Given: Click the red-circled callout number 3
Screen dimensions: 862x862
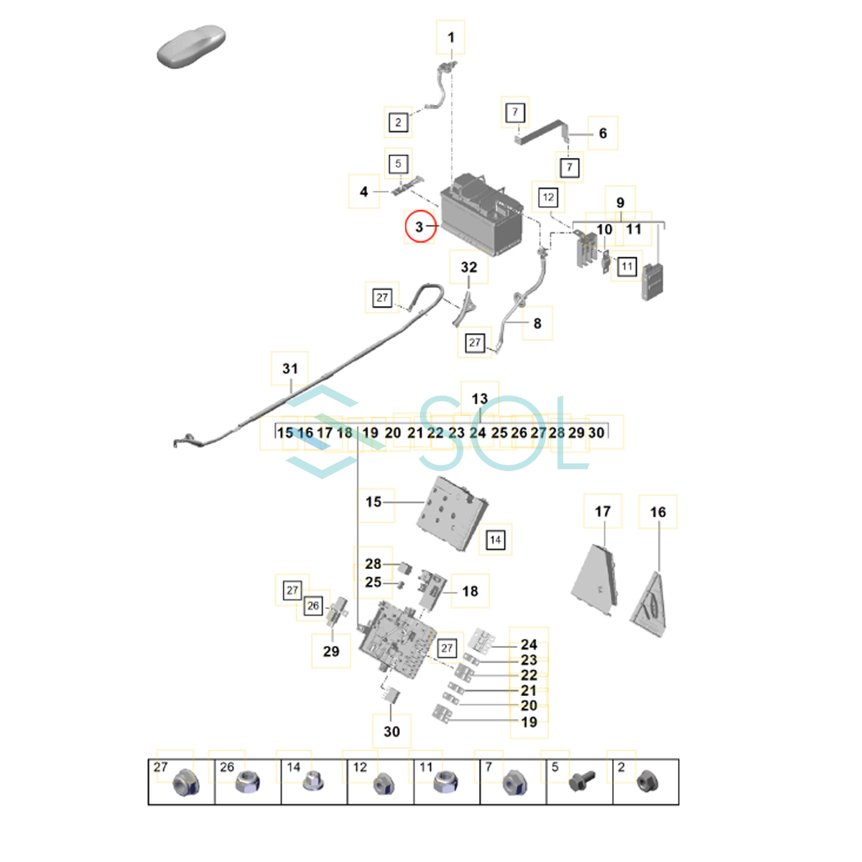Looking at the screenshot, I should (x=420, y=227).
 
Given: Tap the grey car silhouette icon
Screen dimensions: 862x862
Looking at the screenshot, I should (x=191, y=47).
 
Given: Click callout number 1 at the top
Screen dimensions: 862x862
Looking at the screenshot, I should (x=451, y=38).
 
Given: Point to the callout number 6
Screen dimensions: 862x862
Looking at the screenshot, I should (x=603, y=133).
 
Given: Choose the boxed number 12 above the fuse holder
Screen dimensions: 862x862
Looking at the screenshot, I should (x=548, y=197).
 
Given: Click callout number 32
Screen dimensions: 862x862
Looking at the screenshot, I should (x=468, y=267).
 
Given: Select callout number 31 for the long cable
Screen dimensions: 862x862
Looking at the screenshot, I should (x=290, y=369).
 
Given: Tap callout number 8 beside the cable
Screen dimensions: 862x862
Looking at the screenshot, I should (x=537, y=323).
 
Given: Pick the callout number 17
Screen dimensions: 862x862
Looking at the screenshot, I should (x=603, y=511).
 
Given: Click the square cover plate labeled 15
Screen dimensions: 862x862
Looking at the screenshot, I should (x=451, y=513).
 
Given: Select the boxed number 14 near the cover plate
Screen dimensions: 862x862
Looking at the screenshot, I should (x=495, y=540).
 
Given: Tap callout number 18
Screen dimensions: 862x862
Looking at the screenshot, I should (x=470, y=591).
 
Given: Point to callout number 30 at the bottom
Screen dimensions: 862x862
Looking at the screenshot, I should (x=391, y=731).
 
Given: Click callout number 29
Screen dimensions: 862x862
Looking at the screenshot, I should (x=331, y=652).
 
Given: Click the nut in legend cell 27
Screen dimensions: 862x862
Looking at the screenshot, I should (x=184, y=783).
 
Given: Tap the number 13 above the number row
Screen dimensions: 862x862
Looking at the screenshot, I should (x=479, y=399).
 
